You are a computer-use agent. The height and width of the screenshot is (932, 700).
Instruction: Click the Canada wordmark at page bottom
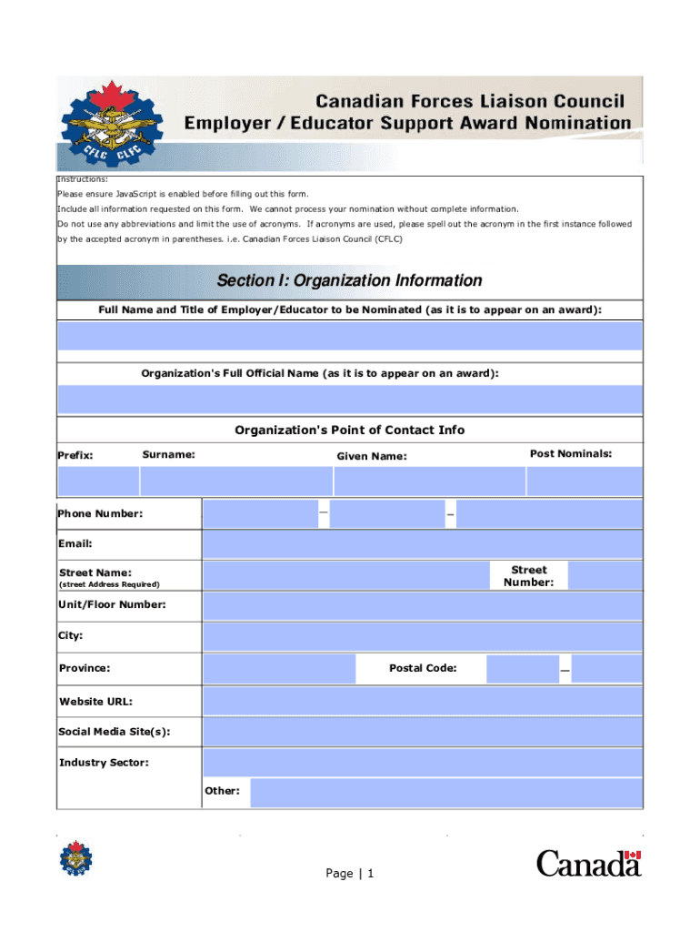[x=588, y=863]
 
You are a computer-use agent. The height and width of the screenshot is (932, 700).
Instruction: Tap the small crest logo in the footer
[x=75, y=859]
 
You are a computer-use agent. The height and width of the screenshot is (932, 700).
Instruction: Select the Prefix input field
[x=98, y=481]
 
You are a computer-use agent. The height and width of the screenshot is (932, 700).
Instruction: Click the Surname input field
[x=236, y=481]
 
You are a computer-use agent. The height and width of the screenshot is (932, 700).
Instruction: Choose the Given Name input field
[x=429, y=481]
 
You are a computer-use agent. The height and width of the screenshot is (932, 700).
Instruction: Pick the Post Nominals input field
[x=585, y=481]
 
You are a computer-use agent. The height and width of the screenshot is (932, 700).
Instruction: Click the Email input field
[x=422, y=544]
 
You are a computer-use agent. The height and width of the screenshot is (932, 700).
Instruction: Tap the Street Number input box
[x=605, y=575]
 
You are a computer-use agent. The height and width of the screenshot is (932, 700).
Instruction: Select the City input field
[x=422, y=637]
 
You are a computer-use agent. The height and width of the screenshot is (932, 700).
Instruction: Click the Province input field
[x=279, y=669]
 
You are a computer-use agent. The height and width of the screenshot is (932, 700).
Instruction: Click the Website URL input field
[x=422, y=702]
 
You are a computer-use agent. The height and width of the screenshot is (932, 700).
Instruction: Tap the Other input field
[x=445, y=792]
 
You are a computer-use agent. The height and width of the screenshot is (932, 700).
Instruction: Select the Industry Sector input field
[x=422, y=763]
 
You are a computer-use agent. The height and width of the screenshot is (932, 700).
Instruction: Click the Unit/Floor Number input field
[x=422, y=606]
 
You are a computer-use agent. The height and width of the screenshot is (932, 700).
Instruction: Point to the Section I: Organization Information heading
[x=349, y=280]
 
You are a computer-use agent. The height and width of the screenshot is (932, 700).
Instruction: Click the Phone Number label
[x=101, y=514]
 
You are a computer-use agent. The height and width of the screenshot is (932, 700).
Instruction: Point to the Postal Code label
[x=423, y=669]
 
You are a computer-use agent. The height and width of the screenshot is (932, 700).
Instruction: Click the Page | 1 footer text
[x=350, y=874]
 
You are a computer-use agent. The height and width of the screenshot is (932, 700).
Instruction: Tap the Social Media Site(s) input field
[x=422, y=732]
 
